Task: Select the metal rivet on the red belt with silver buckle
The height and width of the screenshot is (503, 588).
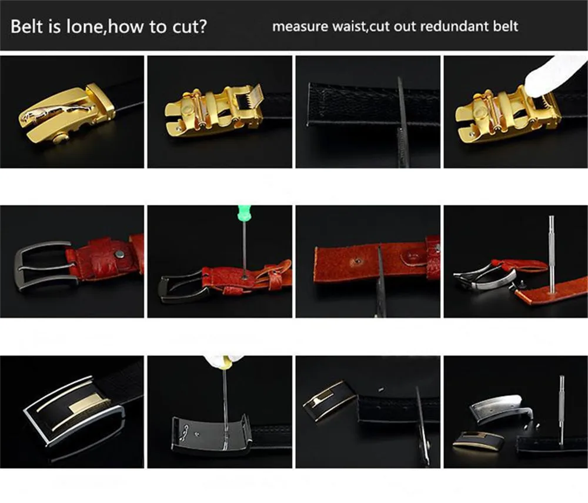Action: point(120,256)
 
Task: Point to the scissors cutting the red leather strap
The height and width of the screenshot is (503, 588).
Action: point(380,281)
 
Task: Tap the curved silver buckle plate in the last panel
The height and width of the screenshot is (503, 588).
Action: point(500,408)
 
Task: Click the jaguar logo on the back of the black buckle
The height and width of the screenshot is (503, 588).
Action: point(186,428)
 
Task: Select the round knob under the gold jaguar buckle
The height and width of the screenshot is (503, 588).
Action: point(60,139)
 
